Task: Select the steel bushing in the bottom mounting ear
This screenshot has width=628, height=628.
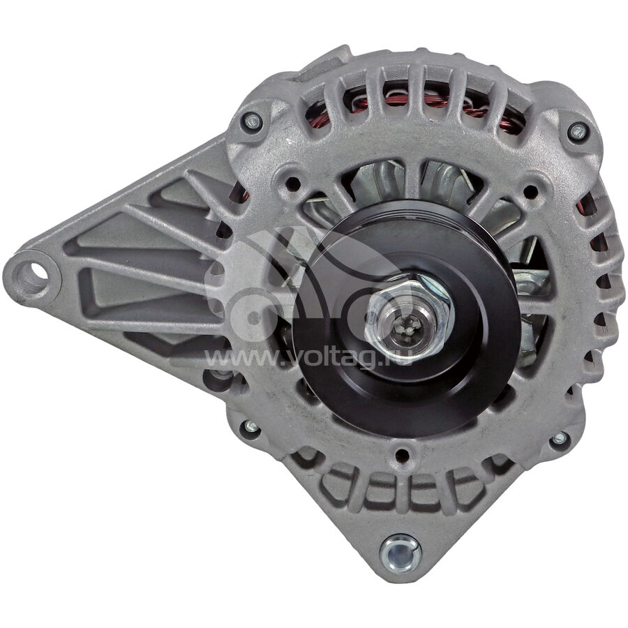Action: [400, 554]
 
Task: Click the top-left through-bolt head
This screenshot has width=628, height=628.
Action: [253, 120]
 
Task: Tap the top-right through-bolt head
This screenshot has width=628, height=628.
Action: [578, 130]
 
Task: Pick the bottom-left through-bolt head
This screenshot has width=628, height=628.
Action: [251, 426]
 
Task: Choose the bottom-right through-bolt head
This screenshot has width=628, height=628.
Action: [560, 438]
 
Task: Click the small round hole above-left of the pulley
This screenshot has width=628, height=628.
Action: [293, 184]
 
